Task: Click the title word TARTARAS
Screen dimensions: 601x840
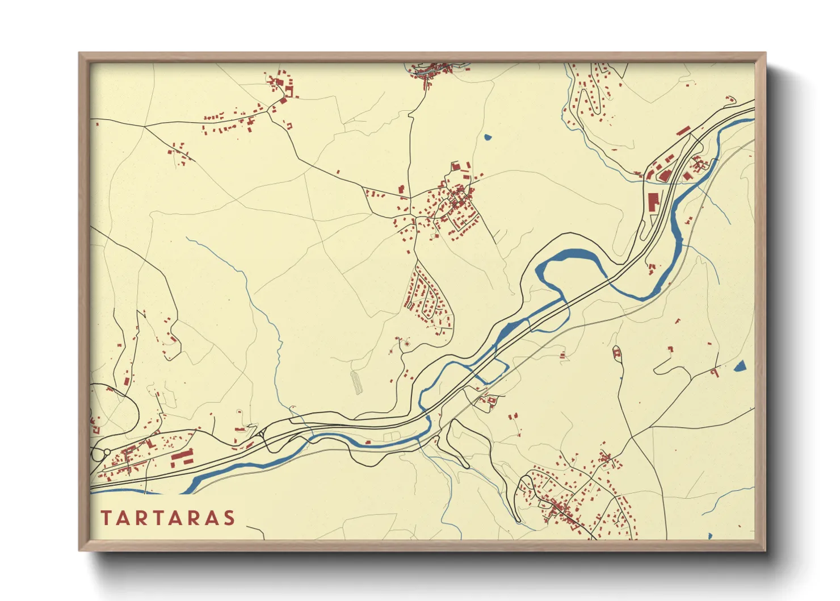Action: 168,518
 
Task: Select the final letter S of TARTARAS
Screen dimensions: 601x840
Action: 229,518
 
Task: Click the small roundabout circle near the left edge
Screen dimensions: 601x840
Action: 107,452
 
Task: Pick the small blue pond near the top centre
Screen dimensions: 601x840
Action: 487,137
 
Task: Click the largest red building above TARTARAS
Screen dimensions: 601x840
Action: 183,457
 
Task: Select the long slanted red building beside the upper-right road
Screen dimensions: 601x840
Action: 683,131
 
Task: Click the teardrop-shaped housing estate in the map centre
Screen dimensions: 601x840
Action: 429,298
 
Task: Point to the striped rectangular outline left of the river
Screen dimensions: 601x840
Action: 356,383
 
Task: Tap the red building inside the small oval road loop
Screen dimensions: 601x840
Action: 617,354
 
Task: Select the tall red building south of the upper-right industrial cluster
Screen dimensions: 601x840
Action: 653,202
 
